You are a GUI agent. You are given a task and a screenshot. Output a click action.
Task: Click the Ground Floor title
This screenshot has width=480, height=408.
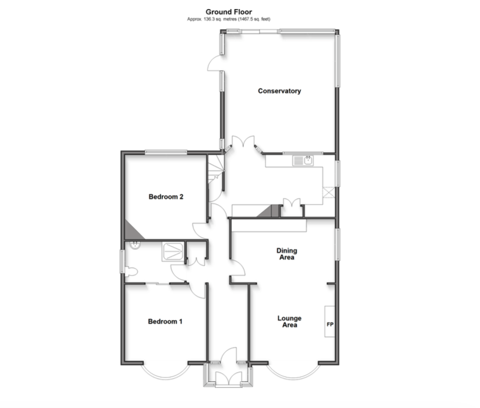coord(229,12)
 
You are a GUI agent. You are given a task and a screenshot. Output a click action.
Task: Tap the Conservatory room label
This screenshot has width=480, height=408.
coord(279,91)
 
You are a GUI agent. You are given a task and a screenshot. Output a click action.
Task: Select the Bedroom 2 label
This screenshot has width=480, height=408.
coord(166,196)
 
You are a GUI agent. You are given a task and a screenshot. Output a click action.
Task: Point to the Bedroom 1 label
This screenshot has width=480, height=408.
coord(165,321)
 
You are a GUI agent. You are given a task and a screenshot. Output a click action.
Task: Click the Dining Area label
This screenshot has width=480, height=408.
coord(287,254)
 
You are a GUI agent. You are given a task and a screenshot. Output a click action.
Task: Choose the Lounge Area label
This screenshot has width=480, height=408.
coord(289,321)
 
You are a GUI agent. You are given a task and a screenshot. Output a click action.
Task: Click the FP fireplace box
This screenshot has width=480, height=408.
coord(330,321)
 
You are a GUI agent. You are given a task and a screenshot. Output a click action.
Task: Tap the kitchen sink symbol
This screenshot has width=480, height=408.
coord(303,160)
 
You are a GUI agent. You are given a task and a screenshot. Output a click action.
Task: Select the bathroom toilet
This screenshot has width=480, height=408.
coord(131,272)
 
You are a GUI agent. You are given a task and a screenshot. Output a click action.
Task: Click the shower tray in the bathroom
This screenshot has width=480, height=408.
coord(173,251)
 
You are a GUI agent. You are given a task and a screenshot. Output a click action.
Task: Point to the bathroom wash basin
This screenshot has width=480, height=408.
coord(135,245)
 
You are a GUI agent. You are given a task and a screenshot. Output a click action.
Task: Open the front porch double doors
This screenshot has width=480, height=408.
coord(228,379)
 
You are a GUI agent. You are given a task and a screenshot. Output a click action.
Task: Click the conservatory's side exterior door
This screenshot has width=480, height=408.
coord(214,63)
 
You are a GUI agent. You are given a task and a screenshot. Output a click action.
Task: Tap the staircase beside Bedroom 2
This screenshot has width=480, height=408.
coord(216,169)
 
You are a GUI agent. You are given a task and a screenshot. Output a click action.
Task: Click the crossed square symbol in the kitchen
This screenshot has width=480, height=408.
coord(329,192)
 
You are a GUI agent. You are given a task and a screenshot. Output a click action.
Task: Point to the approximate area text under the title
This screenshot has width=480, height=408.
coord(229,19)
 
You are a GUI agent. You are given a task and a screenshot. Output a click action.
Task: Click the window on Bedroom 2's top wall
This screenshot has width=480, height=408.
coord(165,152)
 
